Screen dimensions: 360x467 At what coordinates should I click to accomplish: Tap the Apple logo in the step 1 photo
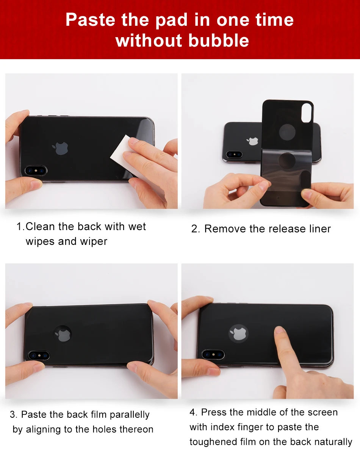tap(60, 148)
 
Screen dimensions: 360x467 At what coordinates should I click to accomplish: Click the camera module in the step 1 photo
tap(36, 171)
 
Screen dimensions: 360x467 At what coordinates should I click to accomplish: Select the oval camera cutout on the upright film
tap(307, 113)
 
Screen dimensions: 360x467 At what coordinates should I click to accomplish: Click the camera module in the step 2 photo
tap(234, 154)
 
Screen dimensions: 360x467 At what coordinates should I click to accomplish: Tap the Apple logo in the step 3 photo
tap(63, 334)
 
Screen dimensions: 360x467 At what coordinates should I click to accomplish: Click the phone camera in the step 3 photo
tap(39, 356)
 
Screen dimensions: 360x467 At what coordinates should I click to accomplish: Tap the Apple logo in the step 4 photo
tap(238, 333)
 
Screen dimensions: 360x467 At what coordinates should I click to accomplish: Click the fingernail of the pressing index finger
tap(279, 330)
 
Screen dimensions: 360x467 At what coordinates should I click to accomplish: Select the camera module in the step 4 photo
tap(213, 354)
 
